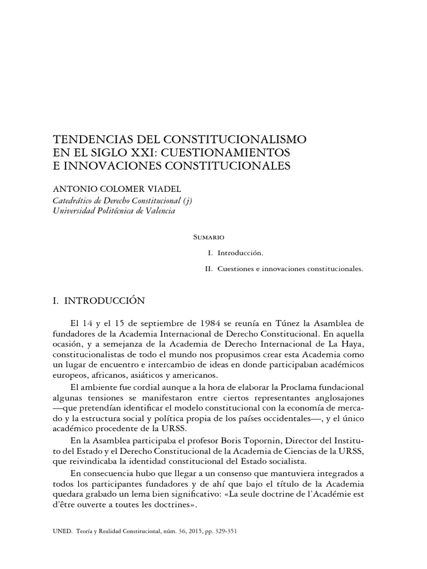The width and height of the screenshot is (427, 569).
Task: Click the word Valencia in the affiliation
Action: [157, 211]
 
